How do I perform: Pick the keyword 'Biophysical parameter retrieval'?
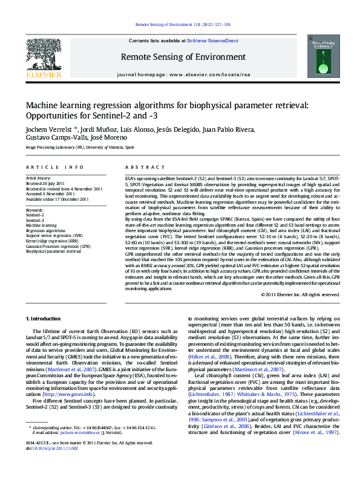53,251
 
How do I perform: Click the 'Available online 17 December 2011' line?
57,198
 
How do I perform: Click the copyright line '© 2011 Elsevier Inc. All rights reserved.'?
300,294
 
